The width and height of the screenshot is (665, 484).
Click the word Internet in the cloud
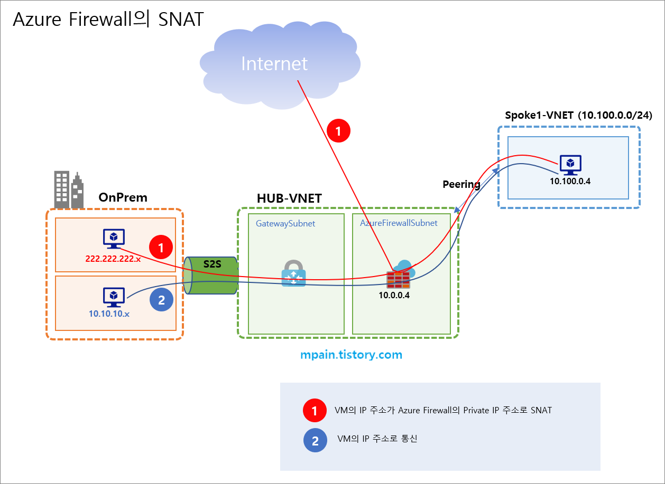click(274, 64)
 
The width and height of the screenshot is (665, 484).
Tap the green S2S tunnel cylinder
click(210, 276)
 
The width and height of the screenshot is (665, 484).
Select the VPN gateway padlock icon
click(293, 273)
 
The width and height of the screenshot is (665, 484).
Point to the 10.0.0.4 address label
click(394, 295)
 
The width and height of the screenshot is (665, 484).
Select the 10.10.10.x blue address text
click(109, 314)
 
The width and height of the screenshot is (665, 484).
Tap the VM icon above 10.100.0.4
click(570, 165)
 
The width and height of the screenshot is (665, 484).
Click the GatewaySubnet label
click(285, 223)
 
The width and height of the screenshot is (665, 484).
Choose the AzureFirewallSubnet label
click(399, 223)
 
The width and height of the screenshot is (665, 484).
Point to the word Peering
click(461, 184)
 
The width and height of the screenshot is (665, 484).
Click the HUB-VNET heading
click(289, 198)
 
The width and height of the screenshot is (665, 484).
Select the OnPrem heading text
click(123, 197)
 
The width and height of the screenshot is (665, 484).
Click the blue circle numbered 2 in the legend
click(315, 441)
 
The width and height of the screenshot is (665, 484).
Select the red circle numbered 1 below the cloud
click(338, 130)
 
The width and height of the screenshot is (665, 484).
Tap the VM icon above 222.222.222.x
click(113, 239)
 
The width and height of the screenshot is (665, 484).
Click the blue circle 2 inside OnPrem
click(162, 300)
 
